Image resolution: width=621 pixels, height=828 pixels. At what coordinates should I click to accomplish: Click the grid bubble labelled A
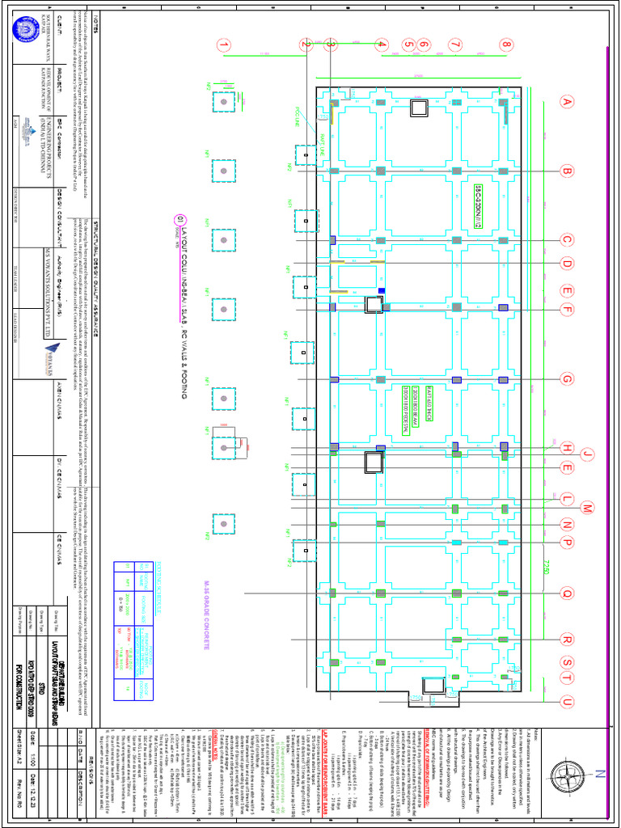(567, 102)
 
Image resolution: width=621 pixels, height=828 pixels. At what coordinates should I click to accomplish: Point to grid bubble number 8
(506, 45)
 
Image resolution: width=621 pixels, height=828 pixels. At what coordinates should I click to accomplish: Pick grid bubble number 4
(382, 45)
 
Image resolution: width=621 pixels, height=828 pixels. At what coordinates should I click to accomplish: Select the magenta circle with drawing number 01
(179, 219)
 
